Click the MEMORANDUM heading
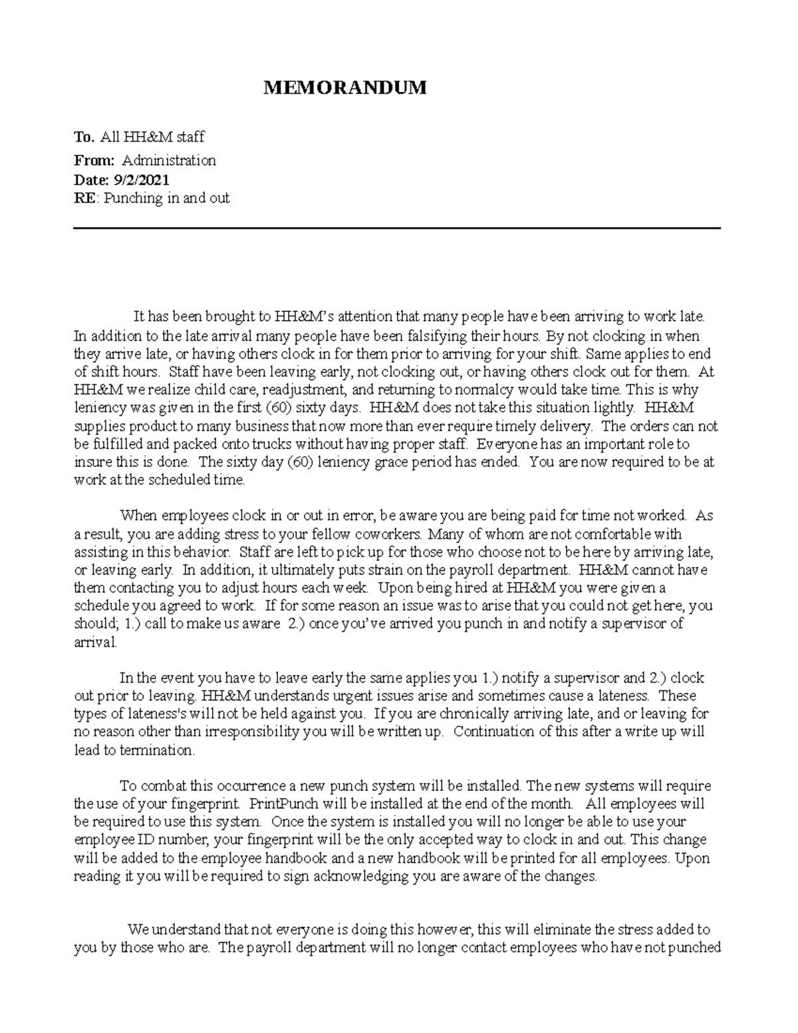[x=344, y=88]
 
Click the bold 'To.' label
[x=84, y=137]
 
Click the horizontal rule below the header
[x=396, y=228]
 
